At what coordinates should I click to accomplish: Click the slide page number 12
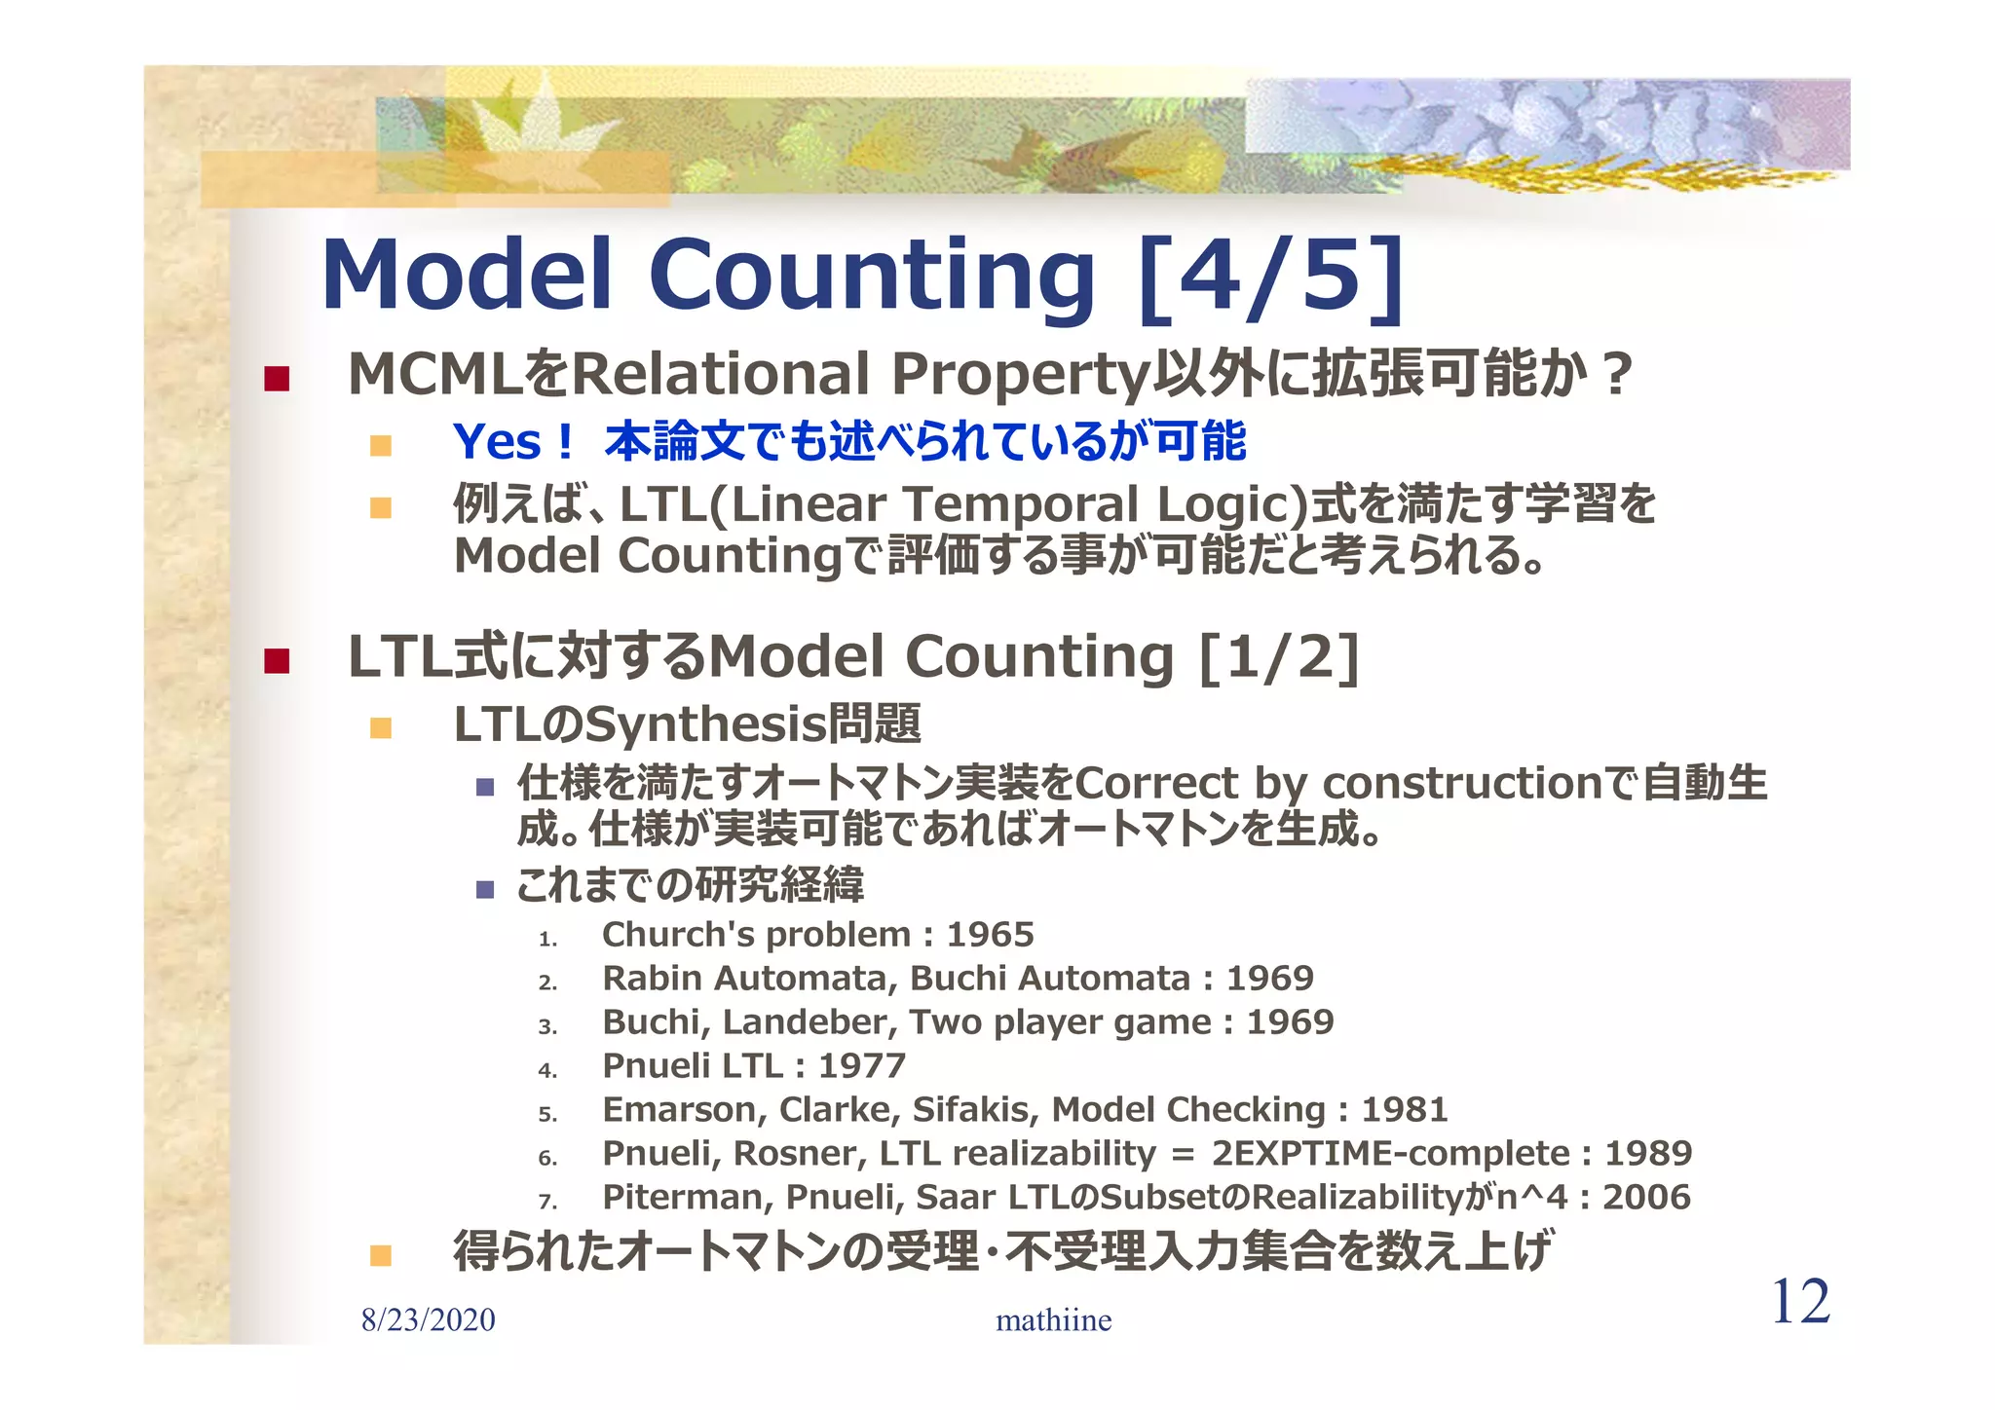(1800, 1302)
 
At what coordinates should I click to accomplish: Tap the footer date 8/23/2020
(428, 1320)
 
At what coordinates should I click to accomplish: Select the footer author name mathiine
(1053, 1320)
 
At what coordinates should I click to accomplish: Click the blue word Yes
(497, 442)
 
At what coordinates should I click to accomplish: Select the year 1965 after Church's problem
(990, 935)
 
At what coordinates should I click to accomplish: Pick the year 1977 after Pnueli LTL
(862, 1066)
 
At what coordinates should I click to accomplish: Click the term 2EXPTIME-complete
(1390, 1154)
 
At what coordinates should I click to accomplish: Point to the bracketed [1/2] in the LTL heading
(1279, 657)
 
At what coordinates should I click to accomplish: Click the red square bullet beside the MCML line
(277, 378)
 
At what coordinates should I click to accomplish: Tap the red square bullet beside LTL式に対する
(277, 661)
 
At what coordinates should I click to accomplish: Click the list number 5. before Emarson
(547, 1114)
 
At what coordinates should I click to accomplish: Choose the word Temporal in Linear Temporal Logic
(1022, 504)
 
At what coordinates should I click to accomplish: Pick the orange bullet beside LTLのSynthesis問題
(381, 727)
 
